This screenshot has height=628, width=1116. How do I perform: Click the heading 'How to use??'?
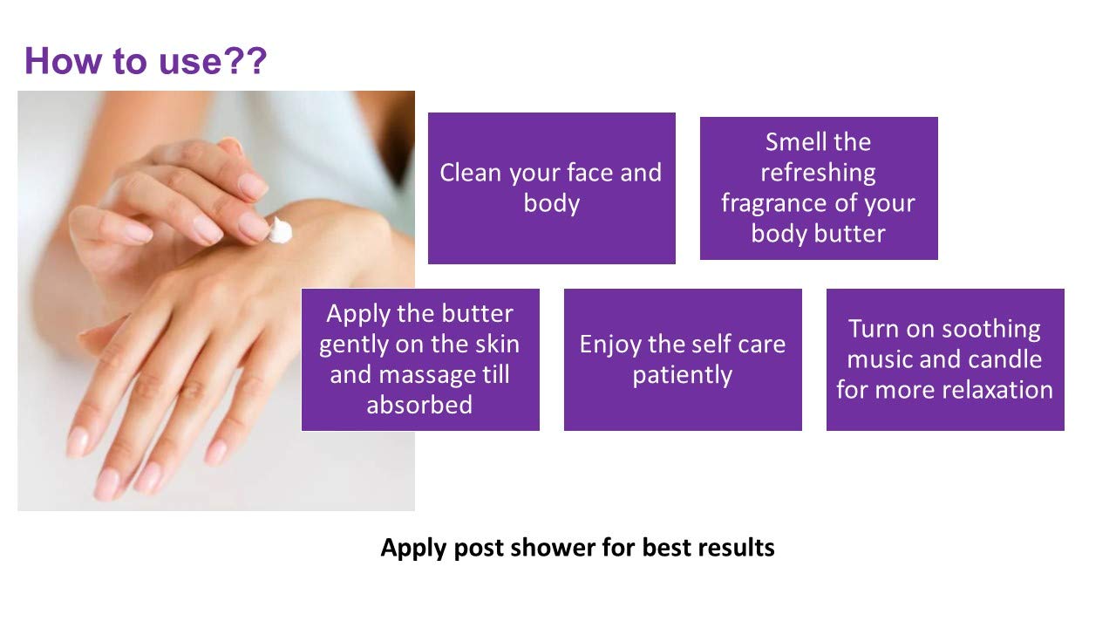146,61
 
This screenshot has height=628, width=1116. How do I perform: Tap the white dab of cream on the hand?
281,230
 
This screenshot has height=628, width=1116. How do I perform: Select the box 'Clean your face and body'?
552,188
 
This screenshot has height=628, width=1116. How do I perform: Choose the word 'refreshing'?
818,174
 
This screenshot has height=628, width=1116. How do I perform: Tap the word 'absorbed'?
419,405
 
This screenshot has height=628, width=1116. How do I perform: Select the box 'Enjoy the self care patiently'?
683,359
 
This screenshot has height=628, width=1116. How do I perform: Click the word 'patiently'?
683,375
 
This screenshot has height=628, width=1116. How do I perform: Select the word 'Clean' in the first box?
470,173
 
